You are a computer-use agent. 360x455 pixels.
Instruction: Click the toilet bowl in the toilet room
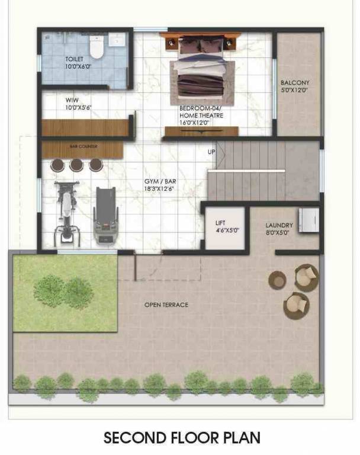[x=96, y=46]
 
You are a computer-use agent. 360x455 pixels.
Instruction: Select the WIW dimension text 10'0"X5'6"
[x=78, y=107]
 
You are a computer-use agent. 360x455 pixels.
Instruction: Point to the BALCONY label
[x=295, y=83]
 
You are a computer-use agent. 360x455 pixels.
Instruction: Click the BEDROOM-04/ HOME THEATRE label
[x=201, y=113]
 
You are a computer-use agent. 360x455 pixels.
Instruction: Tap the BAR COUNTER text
[x=83, y=146]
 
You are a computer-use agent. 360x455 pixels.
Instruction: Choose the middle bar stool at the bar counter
[x=76, y=165]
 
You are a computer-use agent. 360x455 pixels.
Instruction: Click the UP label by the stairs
[x=211, y=152]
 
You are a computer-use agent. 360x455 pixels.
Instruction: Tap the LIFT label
[x=220, y=223]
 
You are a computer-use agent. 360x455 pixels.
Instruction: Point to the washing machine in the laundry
[x=308, y=221]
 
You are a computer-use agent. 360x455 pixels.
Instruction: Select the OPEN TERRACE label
[x=166, y=305]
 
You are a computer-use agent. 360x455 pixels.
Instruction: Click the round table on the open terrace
[x=277, y=280]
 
